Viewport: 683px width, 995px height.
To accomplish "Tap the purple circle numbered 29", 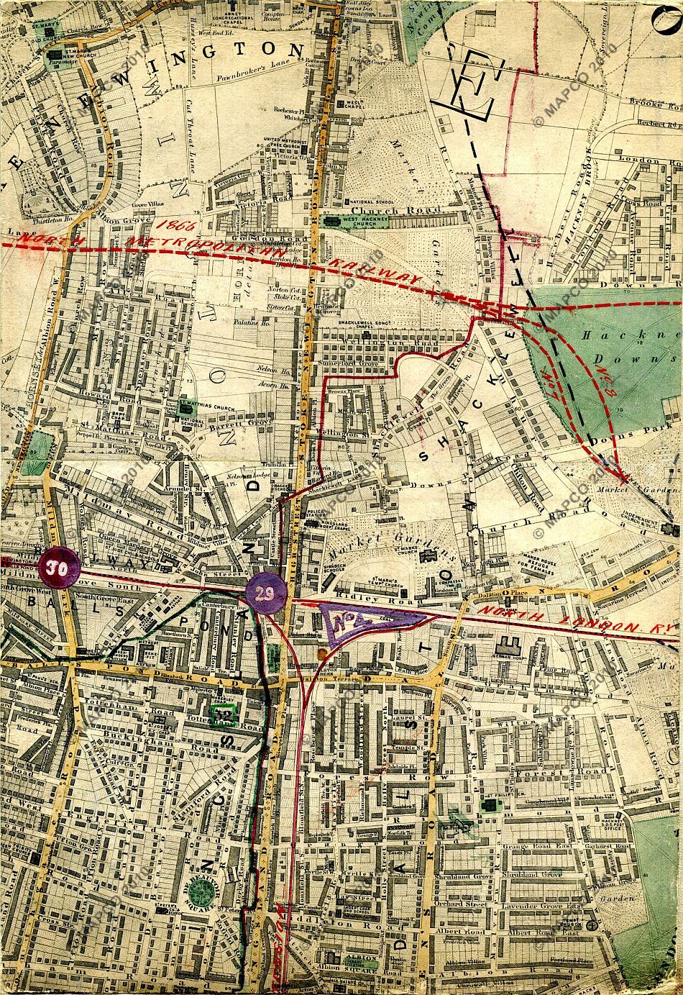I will [x=266, y=593].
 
